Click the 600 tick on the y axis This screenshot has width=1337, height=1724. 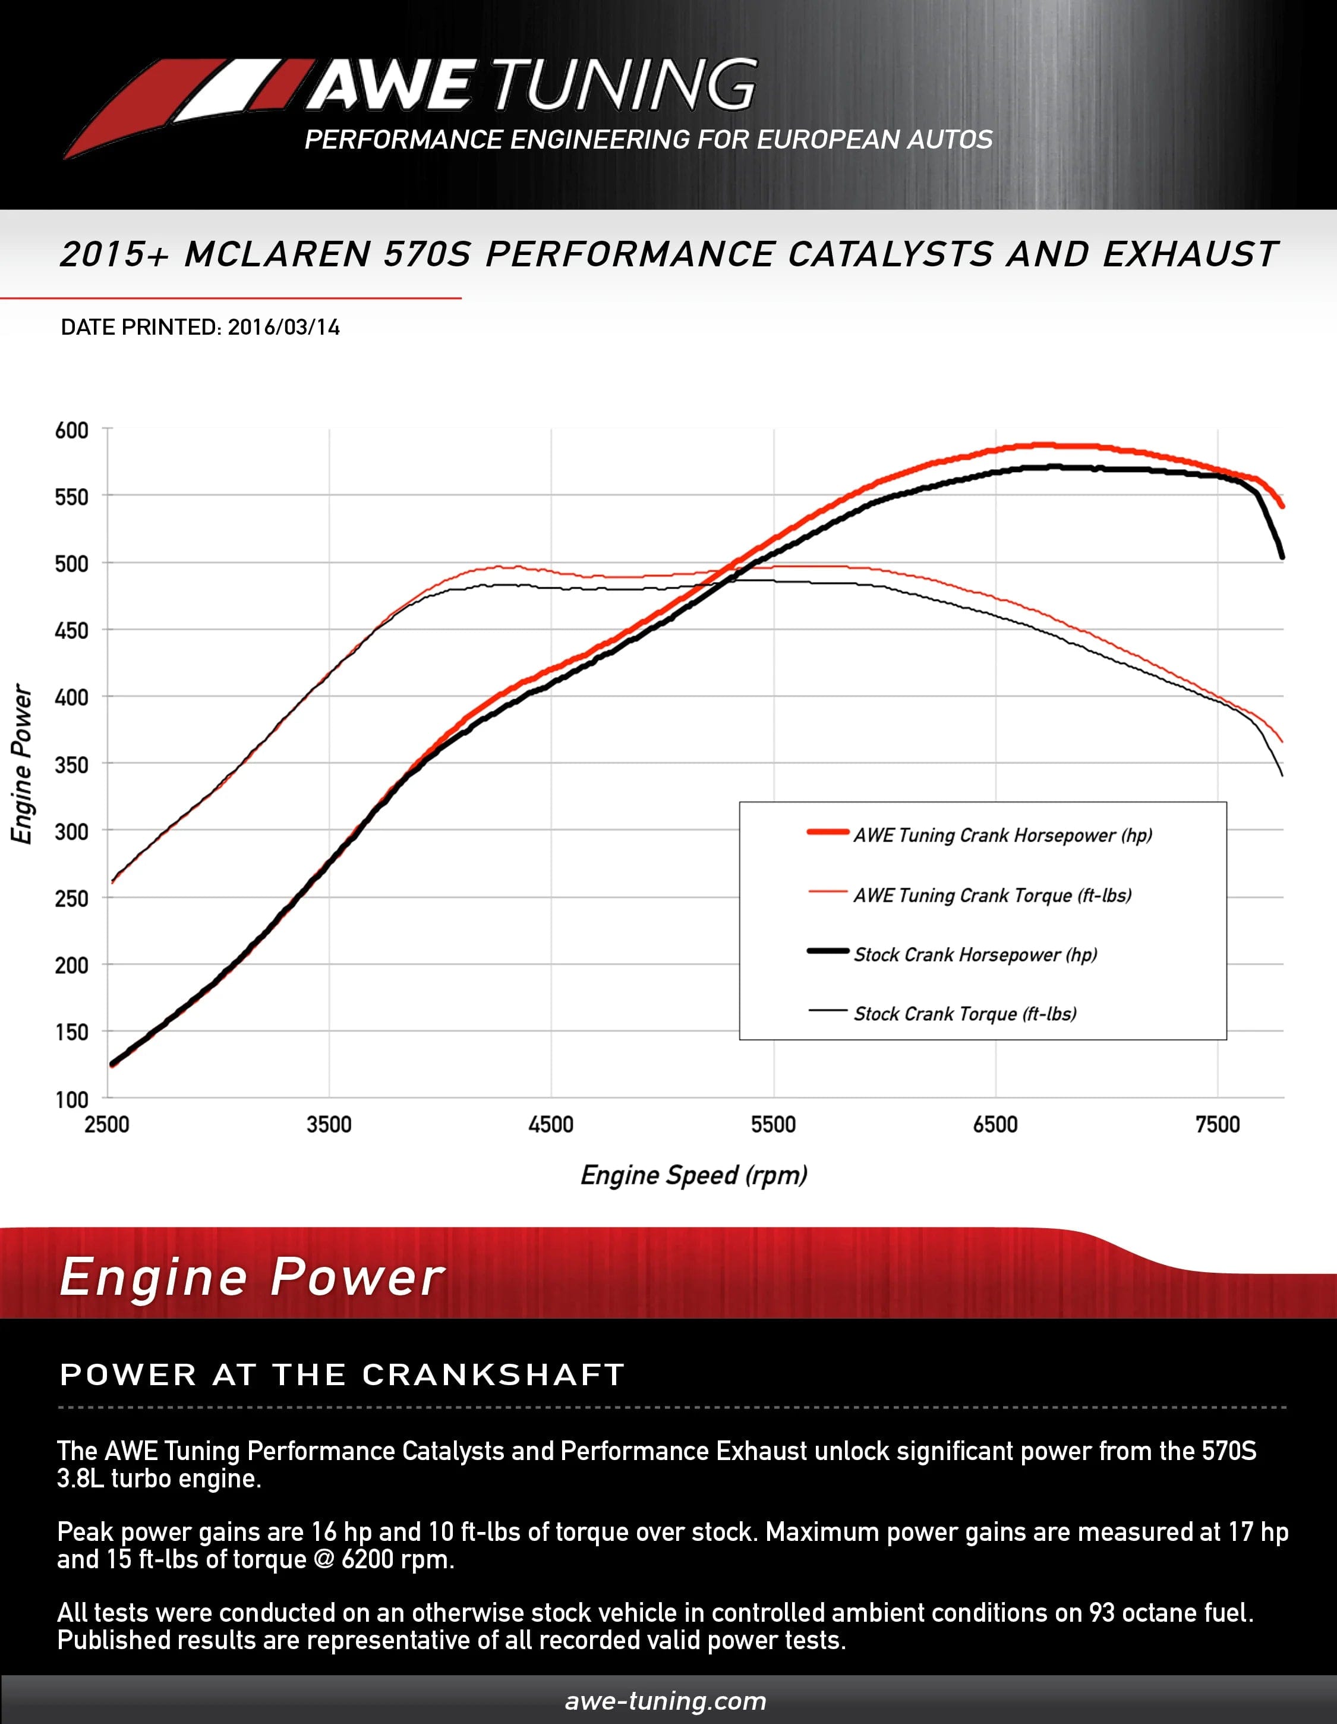point(72,431)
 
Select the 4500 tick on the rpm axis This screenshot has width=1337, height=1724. point(551,1125)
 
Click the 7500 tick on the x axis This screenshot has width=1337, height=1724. point(1218,1125)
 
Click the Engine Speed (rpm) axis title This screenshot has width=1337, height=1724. point(694,1175)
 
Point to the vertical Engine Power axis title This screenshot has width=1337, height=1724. point(22,763)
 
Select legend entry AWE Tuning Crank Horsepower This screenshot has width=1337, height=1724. point(1002,835)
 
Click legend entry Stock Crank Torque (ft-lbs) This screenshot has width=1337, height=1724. point(964,1014)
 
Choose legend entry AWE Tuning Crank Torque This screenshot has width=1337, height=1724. point(992,895)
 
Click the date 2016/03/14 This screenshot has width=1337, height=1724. point(283,328)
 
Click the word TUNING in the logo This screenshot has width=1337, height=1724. point(623,84)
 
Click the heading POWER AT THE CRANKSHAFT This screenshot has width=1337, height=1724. point(342,1374)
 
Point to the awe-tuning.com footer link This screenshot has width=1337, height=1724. point(666,1700)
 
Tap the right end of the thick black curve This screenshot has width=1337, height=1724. point(1282,556)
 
